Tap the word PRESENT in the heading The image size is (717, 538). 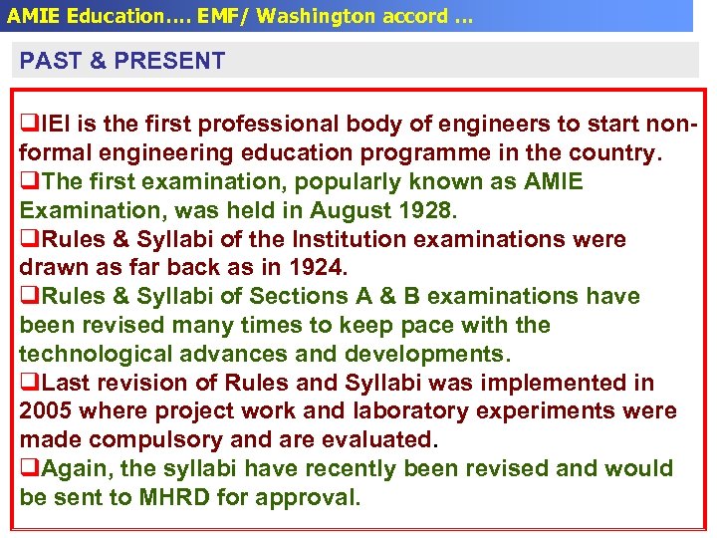pyautogui.click(x=170, y=61)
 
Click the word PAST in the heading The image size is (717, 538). pyautogui.click(x=50, y=61)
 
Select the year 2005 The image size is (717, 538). pyautogui.click(x=48, y=411)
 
